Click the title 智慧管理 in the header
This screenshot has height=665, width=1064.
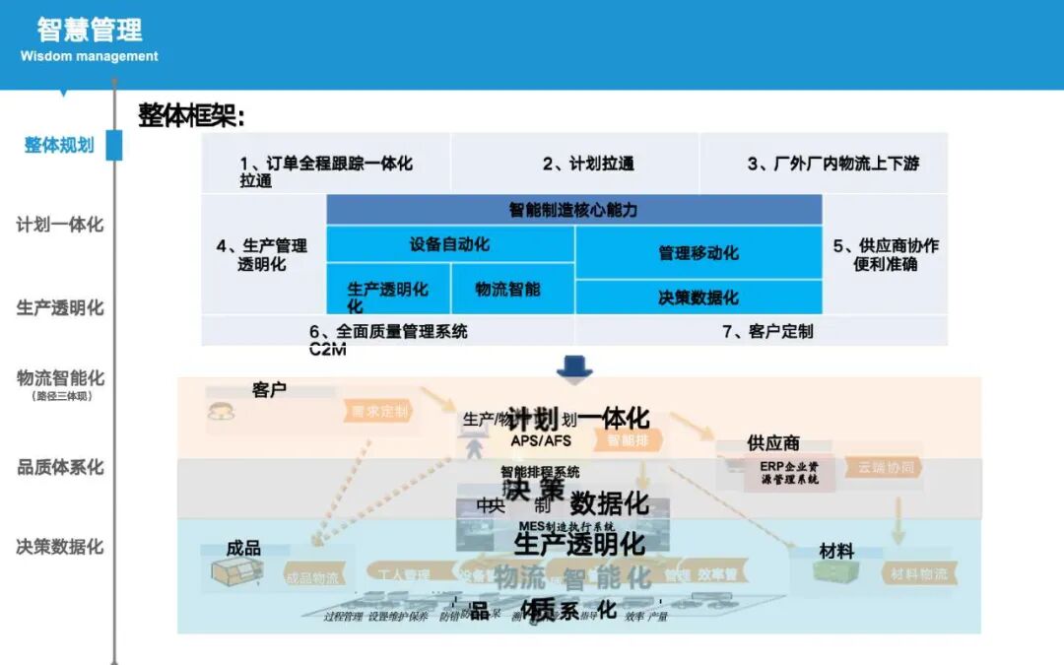[90, 29]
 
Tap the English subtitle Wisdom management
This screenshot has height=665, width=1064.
[89, 56]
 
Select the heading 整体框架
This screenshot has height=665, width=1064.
[191, 116]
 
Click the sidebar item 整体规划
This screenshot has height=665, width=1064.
[59, 146]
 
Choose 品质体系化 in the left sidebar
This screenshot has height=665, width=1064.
[59, 467]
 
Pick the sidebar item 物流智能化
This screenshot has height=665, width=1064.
[59, 378]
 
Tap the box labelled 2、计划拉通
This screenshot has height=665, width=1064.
[575, 164]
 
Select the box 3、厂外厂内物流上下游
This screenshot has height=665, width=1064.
[824, 164]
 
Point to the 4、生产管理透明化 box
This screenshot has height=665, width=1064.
[263, 254]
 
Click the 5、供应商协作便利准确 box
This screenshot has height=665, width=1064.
[885, 254]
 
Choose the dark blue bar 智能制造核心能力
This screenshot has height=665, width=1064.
[573, 210]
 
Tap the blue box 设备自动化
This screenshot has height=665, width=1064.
[450, 244]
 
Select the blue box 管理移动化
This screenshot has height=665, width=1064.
[698, 253]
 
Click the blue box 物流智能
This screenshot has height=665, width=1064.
[512, 290]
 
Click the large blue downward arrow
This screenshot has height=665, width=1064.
[574, 367]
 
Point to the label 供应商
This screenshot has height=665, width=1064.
[773, 443]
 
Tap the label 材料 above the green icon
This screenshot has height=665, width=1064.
[836, 552]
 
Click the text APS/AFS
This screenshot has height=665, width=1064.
[540, 440]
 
